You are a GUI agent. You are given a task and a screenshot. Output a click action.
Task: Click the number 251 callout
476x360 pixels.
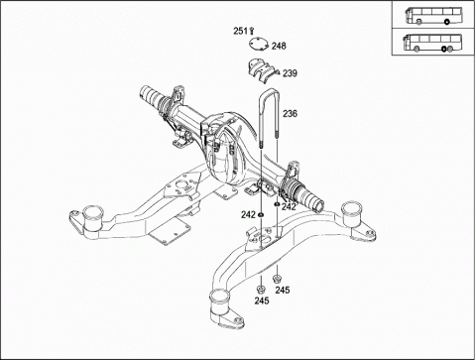[x=240, y=31]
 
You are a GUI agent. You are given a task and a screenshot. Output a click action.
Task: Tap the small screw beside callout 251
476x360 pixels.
[x=252, y=31]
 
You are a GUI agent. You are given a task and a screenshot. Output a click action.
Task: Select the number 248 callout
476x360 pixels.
[x=279, y=46]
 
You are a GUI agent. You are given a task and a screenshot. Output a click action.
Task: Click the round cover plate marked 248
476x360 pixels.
[x=259, y=45]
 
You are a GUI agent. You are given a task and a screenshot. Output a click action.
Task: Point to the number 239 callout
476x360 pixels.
[x=290, y=73]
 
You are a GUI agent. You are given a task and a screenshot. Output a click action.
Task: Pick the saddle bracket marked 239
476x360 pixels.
[x=261, y=69]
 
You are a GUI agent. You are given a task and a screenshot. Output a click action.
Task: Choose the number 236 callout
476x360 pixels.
[x=290, y=114]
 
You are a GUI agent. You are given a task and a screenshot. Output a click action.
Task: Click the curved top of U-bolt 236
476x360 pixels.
[x=269, y=93]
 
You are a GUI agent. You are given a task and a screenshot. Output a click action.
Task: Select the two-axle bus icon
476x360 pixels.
[x=433, y=16]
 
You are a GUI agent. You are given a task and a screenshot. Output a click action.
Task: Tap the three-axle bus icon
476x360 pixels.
[x=432, y=43]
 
